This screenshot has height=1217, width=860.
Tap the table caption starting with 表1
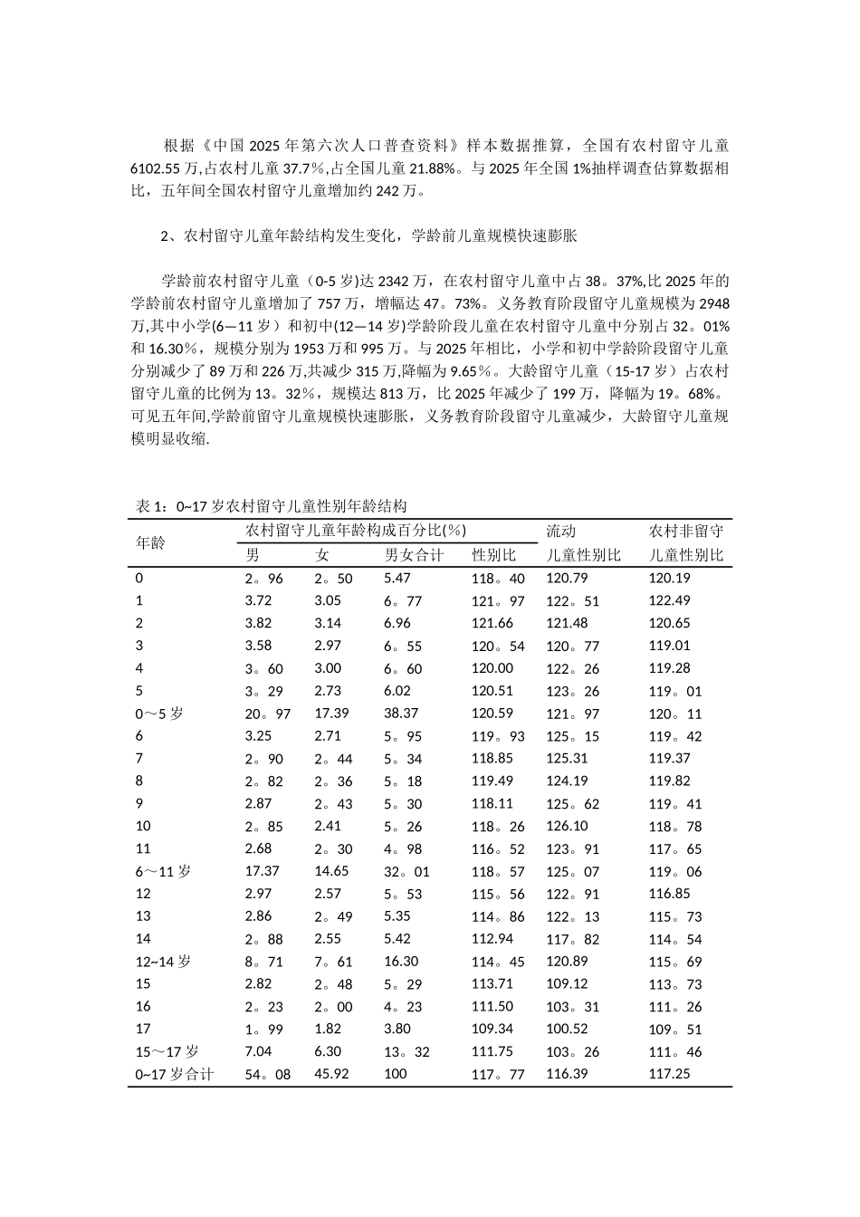(272, 506)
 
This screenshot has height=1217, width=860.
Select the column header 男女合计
(414, 555)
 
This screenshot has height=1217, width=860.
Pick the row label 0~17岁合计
(175, 1074)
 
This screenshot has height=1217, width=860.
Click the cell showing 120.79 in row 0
(567, 578)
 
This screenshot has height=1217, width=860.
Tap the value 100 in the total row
(396, 1074)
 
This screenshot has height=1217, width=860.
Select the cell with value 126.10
(567, 826)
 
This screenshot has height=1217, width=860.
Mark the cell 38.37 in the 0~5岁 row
(401, 714)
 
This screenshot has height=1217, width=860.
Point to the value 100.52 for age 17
(567, 1029)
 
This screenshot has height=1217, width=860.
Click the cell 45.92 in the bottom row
(331, 1074)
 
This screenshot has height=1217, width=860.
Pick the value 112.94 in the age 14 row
(492, 939)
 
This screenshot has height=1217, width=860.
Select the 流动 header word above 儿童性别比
(561, 531)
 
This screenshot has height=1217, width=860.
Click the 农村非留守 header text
(686, 531)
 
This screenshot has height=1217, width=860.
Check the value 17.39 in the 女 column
(331, 714)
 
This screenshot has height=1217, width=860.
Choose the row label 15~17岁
(167, 1051)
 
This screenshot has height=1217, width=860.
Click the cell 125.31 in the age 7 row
(567, 758)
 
